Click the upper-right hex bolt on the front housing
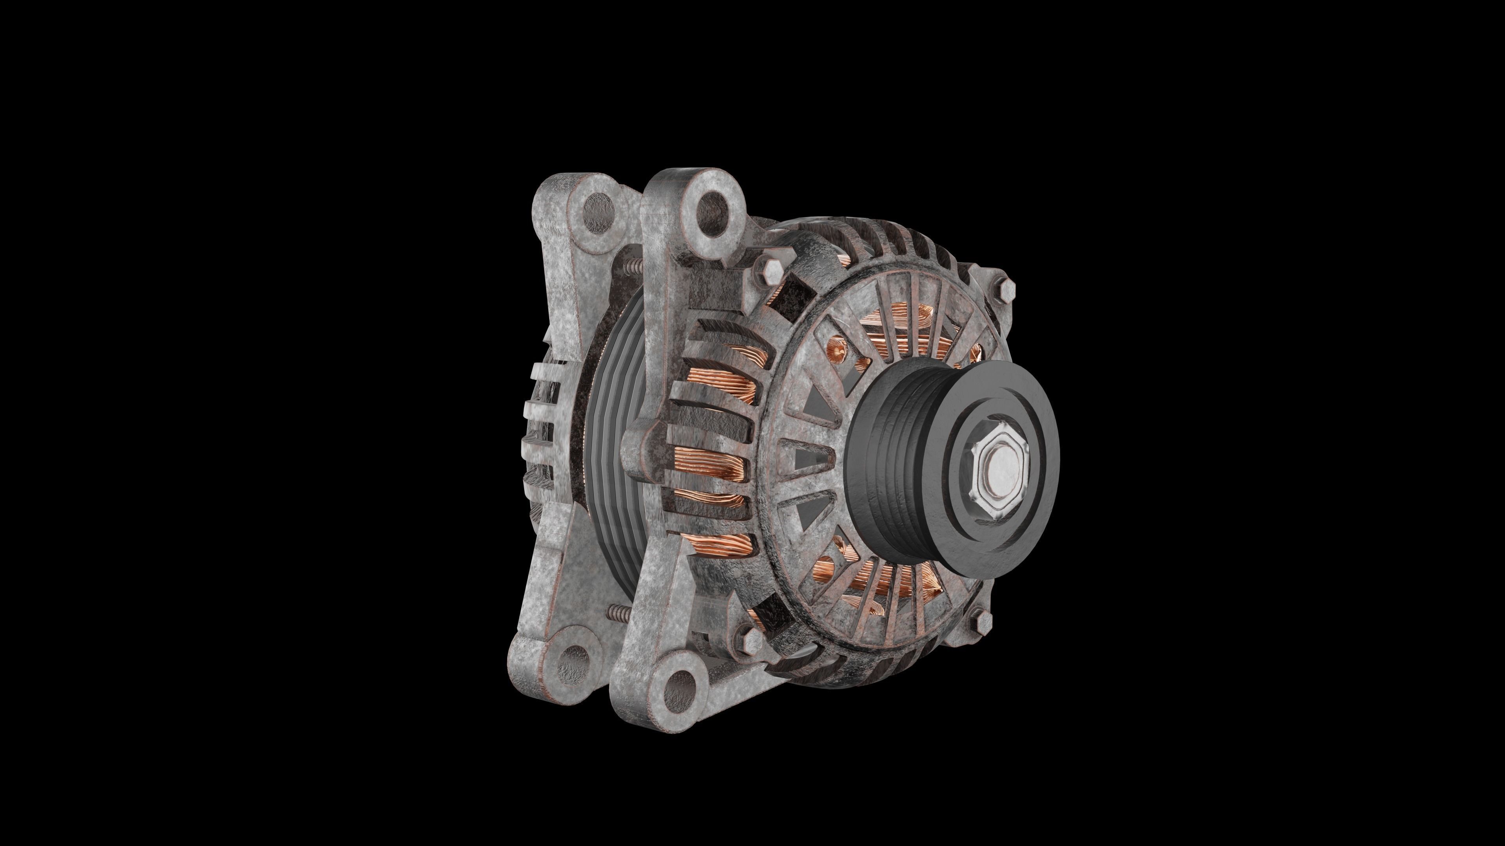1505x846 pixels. tap(1006, 287)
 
